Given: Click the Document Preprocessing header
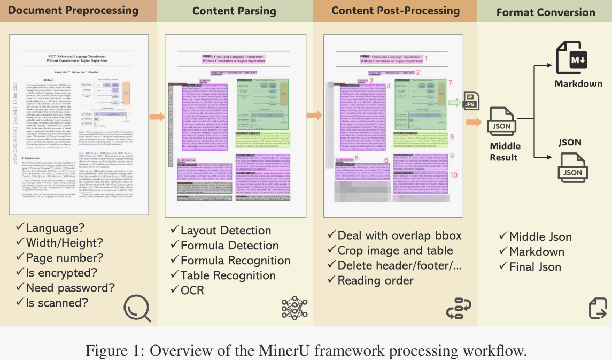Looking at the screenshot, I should (74, 10).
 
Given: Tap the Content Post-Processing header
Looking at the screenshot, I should (396, 11).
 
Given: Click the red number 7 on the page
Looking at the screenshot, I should (450, 83).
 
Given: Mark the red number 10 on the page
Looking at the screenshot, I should (454, 175).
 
